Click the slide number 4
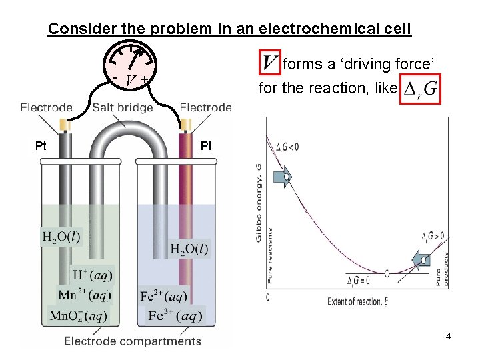448,336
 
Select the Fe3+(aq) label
173,315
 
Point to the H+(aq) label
93,274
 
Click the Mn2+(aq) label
85,294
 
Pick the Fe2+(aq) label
165,295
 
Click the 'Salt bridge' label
123,107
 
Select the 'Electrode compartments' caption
132,341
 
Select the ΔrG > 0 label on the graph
433,237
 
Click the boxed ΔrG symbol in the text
421,89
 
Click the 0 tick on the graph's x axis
268,297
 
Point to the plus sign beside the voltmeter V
145,79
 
